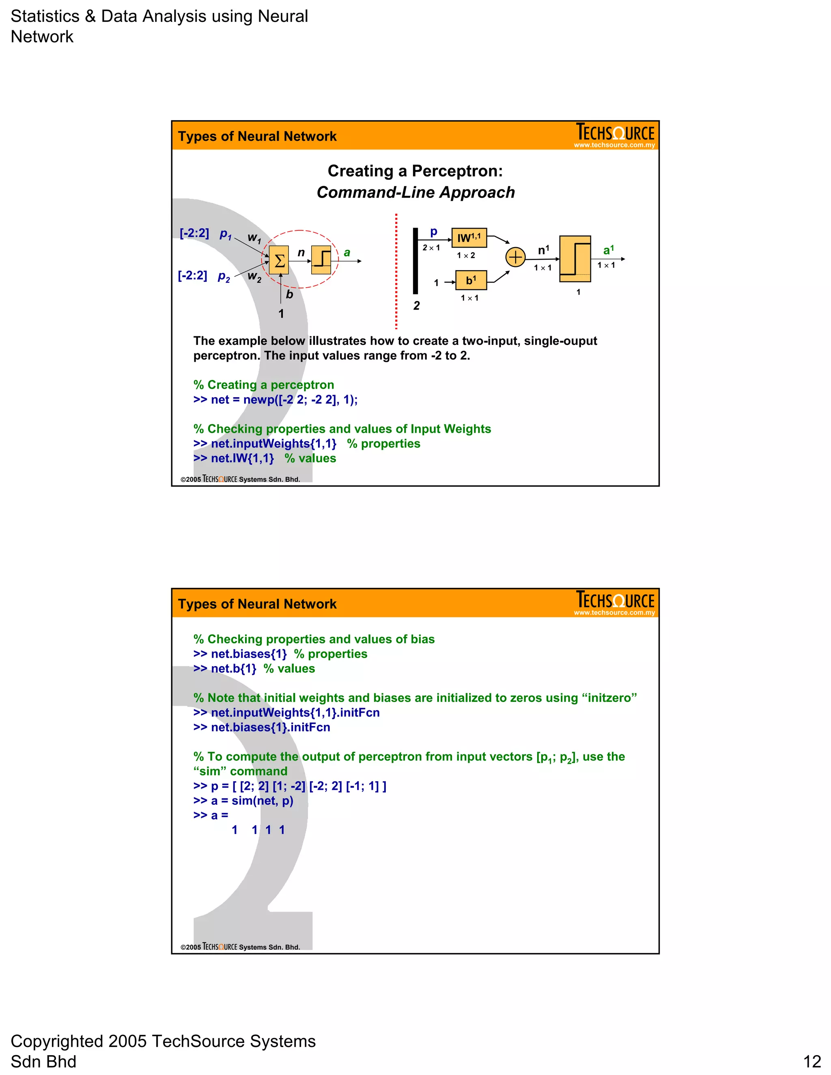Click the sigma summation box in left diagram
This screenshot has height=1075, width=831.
[x=279, y=260]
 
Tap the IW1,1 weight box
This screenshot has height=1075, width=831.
[x=469, y=238]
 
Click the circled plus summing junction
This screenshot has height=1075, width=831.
[x=515, y=257]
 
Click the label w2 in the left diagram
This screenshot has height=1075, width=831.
[x=254, y=276]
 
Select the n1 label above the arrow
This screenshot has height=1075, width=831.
[x=543, y=250]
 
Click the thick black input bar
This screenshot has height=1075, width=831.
[x=415, y=261]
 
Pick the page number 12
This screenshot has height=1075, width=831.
[x=812, y=1061]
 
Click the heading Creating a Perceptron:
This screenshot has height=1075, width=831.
[x=415, y=171]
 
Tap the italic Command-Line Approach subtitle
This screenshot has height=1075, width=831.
[x=415, y=192]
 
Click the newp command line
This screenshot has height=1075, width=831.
[x=275, y=400]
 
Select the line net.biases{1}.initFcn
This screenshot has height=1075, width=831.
[x=261, y=727]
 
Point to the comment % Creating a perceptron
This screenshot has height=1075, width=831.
[x=263, y=385]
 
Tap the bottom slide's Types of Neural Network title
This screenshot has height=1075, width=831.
[x=257, y=604]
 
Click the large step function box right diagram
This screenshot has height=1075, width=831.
[x=575, y=259]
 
